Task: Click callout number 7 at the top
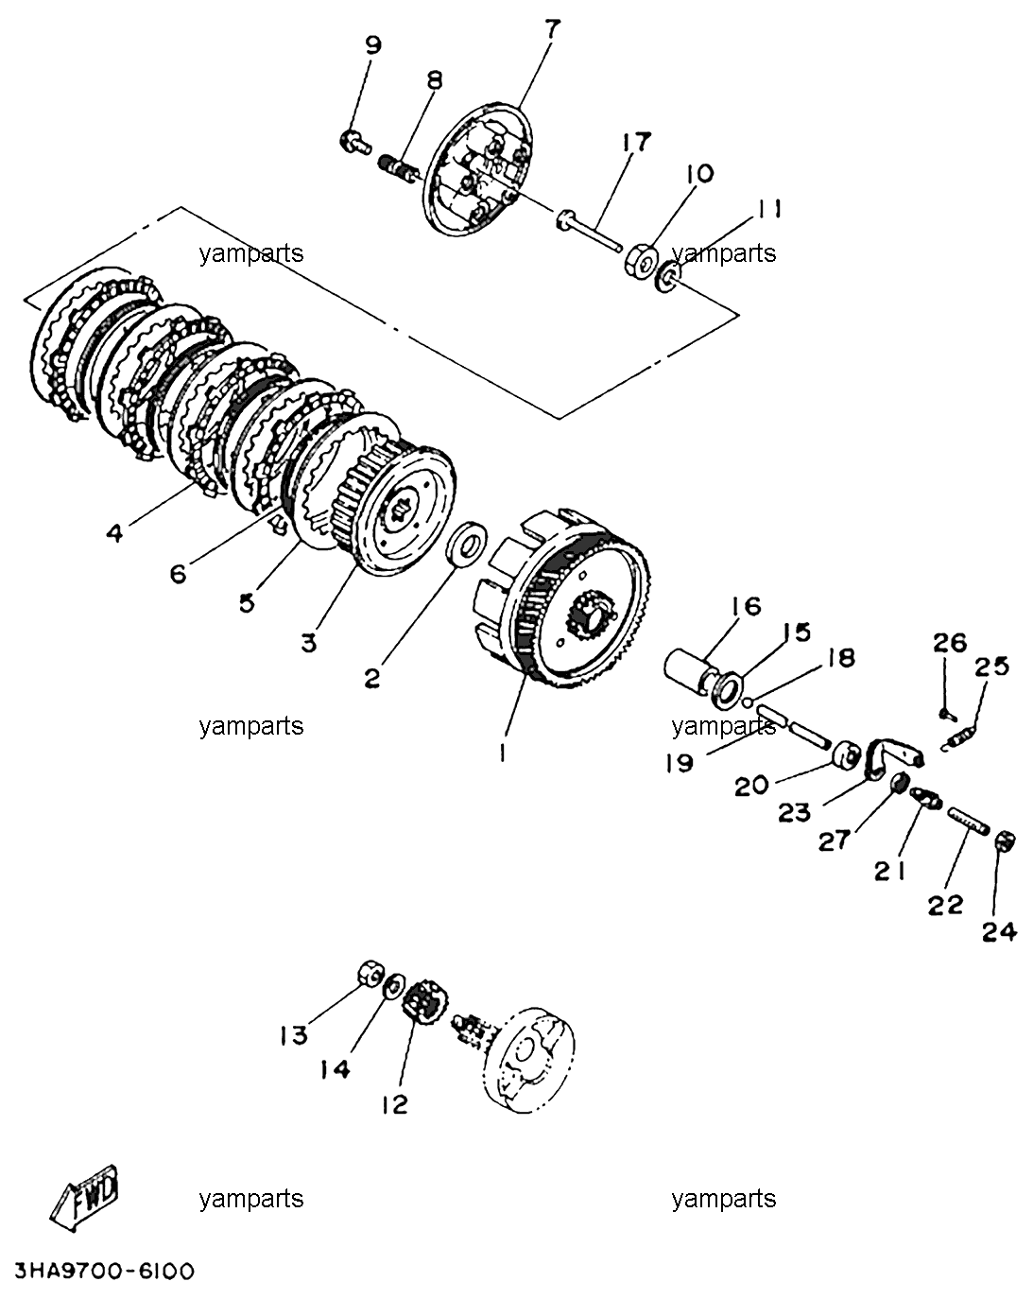552,29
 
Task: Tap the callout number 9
373,45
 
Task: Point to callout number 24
999,931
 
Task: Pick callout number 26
950,643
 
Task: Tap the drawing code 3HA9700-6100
104,1273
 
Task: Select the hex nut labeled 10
641,260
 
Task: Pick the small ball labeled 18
747,701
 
